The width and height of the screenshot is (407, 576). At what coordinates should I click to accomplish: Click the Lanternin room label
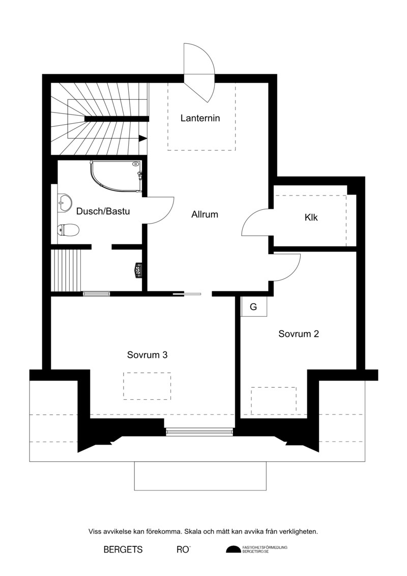pos(200,118)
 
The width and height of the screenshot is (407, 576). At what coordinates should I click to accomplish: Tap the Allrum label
pos(205,214)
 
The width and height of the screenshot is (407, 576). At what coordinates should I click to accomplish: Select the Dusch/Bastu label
pos(103,211)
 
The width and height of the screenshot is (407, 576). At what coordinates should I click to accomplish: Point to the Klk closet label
pos(311,217)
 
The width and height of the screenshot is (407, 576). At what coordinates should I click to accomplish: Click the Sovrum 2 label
pos(299,334)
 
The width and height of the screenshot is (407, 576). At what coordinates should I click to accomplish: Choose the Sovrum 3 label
pos(148,355)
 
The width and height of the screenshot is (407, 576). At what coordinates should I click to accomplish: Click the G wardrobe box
pos(253,307)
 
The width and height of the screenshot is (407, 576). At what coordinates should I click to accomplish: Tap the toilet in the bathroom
pos(68,230)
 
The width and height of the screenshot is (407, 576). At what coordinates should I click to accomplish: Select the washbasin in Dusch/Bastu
pos(65,203)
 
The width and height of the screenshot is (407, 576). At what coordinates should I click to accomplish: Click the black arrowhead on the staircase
pos(143,139)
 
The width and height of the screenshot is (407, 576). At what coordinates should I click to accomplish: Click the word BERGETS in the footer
pos(123,550)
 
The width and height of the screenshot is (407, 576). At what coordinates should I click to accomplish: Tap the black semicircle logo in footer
pos(233,550)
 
